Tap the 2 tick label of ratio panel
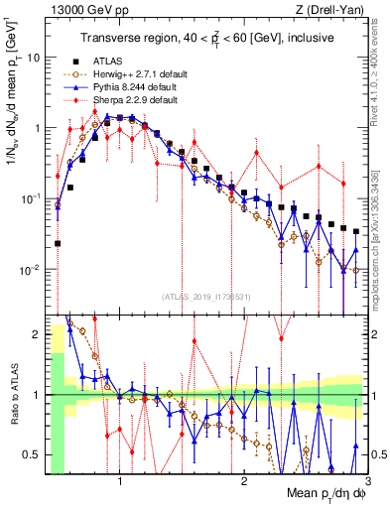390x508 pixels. tap(35, 335)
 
